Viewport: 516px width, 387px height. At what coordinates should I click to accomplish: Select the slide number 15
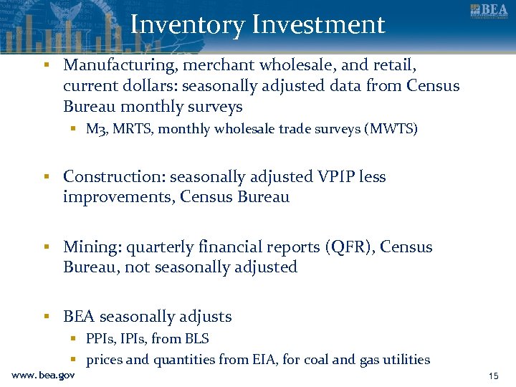click(493, 376)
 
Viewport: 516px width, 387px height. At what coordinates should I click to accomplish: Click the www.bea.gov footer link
click(43, 375)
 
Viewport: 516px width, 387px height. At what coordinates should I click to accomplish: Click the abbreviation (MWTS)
click(391, 130)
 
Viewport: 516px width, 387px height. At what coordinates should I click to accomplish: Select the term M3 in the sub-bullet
click(96, 130)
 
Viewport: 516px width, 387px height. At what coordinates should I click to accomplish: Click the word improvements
click(118, 197)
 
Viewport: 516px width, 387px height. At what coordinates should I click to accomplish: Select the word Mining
click(92, 247)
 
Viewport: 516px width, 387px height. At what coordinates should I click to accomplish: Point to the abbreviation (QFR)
click(349, 247)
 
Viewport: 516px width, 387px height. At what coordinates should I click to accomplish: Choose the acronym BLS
click(195, 339)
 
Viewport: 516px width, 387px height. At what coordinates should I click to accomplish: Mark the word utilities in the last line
click(405, 360)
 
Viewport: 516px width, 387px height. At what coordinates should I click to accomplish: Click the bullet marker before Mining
click(45, 247)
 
